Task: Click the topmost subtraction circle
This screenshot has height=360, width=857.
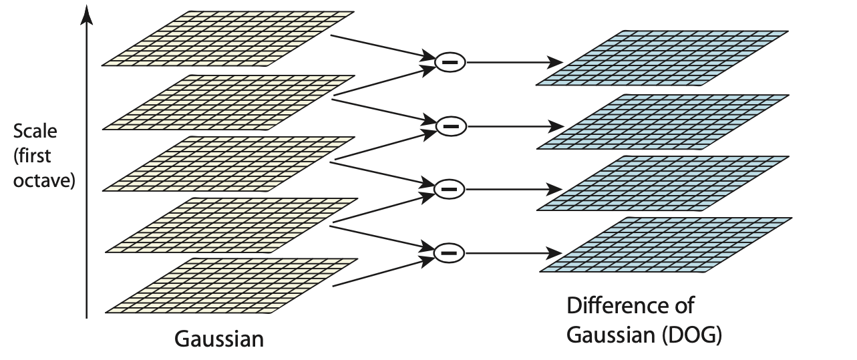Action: (450, 62)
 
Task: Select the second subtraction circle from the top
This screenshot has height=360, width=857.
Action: (450, 125)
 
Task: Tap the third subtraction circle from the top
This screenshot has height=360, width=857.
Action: (450, 189)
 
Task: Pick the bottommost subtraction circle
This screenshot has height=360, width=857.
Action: (450, 252)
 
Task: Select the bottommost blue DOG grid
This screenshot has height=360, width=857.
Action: (665, 244)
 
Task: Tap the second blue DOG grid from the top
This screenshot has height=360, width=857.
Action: (665, 121)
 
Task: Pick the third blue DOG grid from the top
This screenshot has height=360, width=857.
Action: (665, 183)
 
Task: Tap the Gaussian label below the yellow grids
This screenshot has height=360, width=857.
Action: (219, 339)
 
